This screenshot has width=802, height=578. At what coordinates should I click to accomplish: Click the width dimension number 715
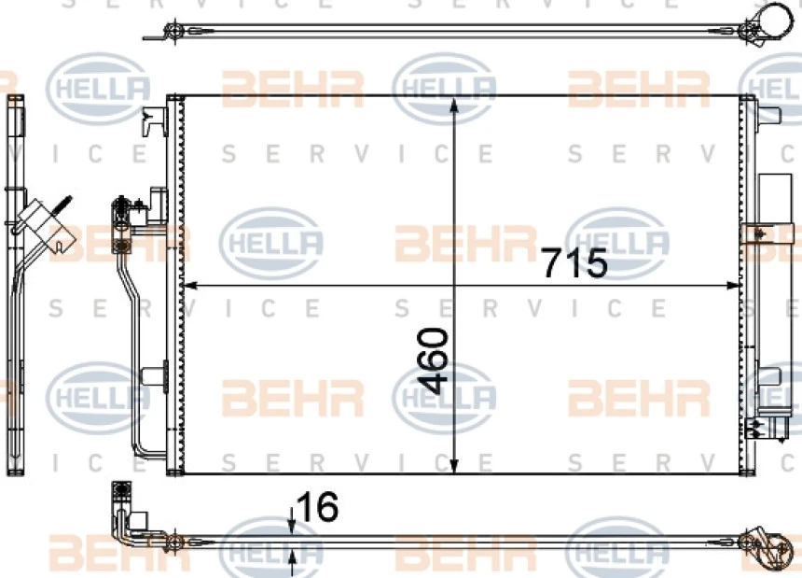point(574,262)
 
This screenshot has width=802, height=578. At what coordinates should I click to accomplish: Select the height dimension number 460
point(433,360)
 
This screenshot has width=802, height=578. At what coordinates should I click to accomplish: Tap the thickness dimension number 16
point(317,506)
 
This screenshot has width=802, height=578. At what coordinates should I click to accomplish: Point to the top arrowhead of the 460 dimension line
point(453,105)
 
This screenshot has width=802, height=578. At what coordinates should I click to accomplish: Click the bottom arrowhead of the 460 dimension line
point(453,465)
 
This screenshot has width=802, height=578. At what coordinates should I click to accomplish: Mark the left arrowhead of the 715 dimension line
point(190,286)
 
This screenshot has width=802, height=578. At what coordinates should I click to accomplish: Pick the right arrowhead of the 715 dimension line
point(734,286)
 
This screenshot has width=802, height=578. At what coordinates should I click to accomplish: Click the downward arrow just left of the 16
point(292,521)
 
